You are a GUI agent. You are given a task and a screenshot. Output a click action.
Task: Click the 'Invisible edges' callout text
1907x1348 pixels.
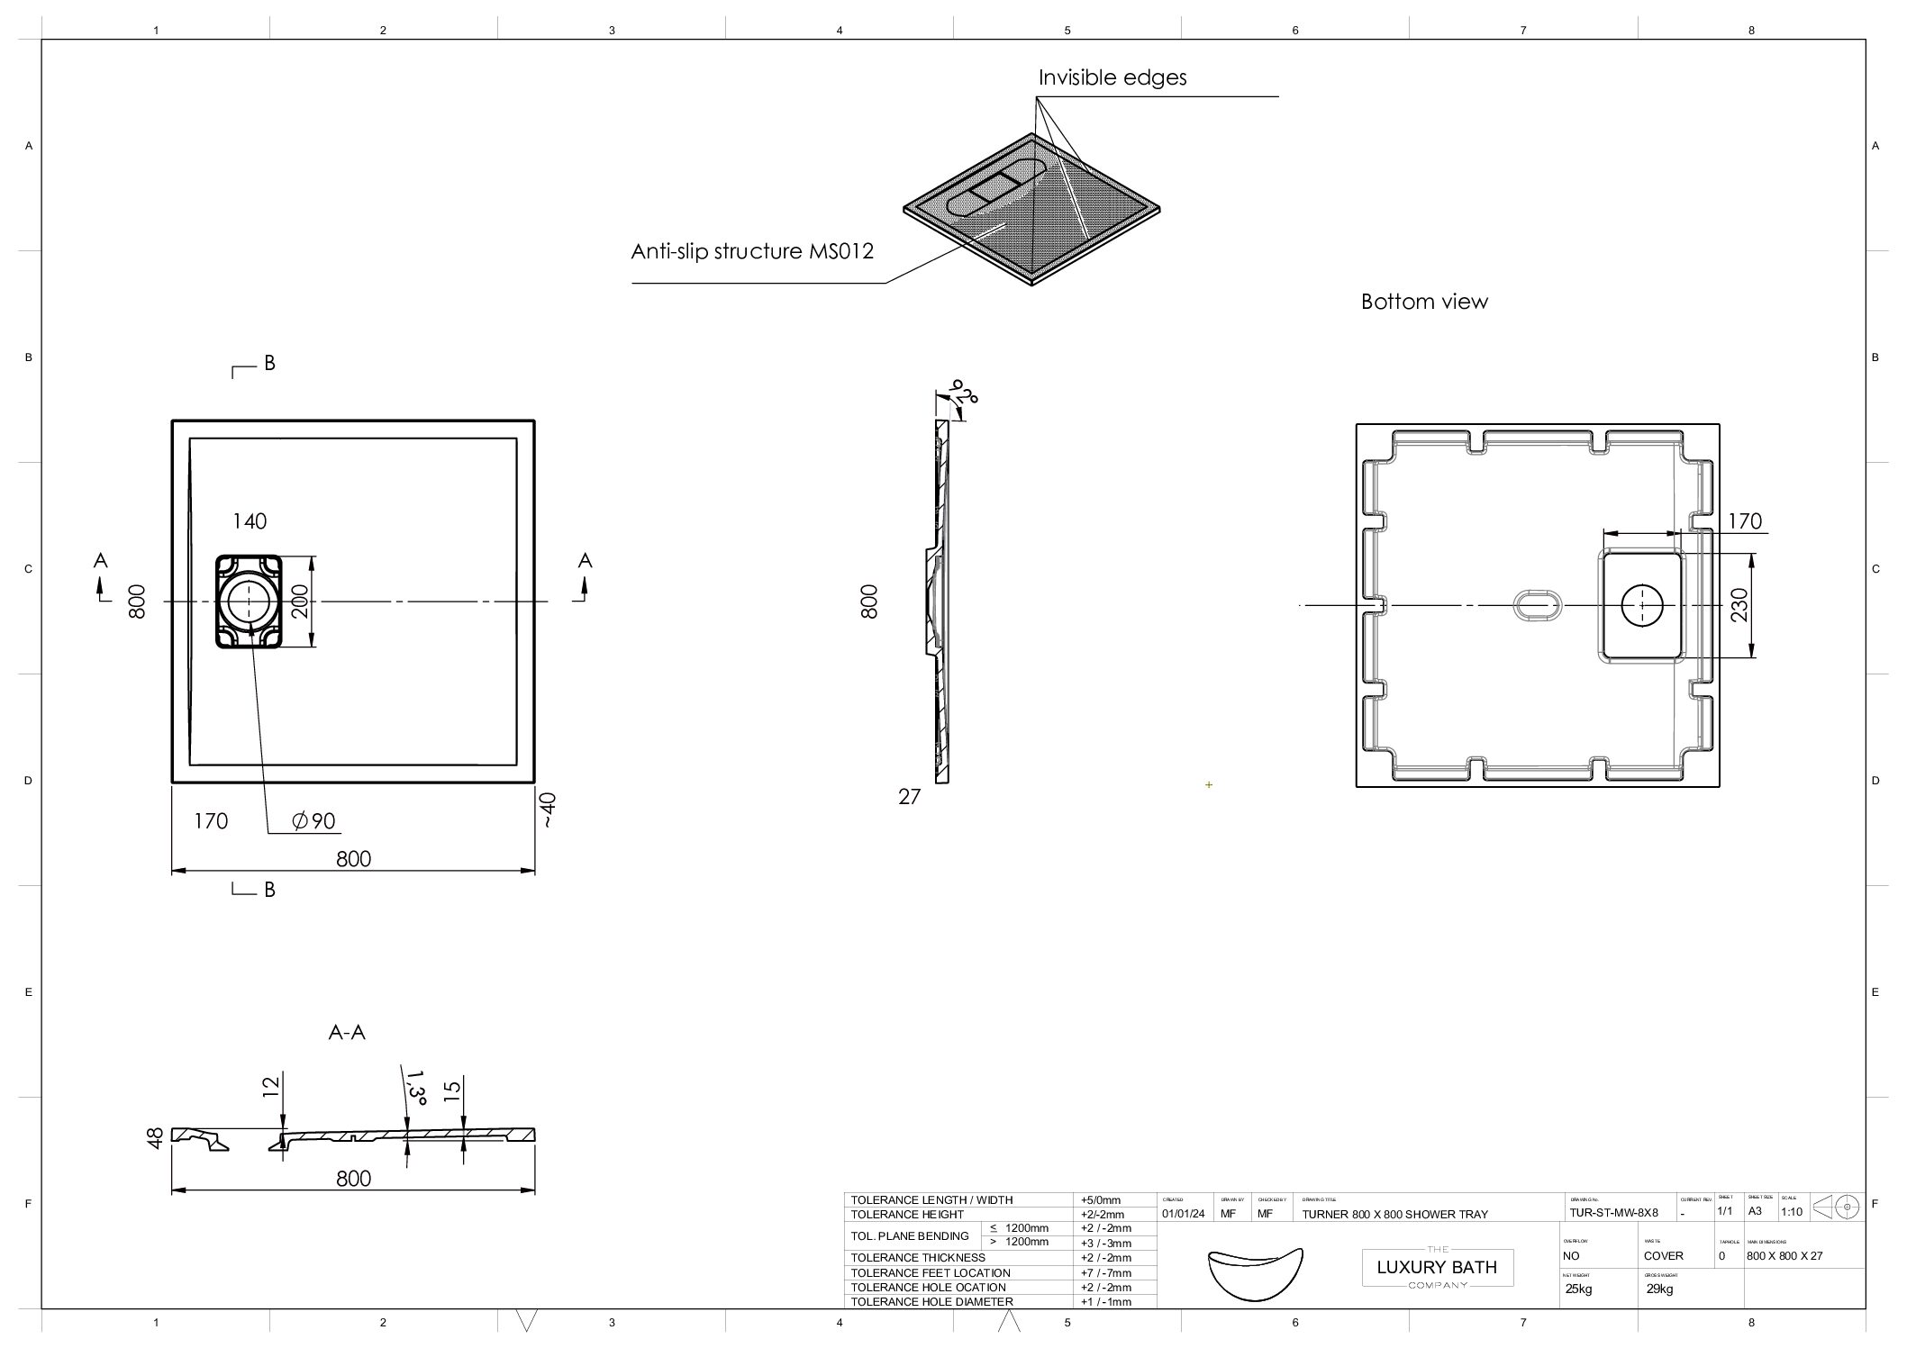[1112, 78]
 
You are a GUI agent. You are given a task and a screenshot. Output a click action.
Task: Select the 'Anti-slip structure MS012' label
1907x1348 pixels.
[752, 252]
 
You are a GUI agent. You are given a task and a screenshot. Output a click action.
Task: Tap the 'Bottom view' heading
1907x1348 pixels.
[1423, 303]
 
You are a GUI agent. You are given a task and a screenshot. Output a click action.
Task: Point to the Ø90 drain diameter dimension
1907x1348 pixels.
[313, 821]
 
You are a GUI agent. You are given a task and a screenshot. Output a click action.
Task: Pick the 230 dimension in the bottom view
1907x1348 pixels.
[1739, 604]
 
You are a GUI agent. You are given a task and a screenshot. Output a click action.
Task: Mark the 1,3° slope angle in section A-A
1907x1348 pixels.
[416, 1087]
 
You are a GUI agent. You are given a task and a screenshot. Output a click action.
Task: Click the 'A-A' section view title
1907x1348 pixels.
[347, 1034]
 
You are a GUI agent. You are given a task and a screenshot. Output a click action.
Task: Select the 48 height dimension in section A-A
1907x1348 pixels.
[156, 1137]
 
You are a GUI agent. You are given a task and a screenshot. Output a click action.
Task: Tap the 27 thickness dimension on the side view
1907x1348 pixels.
[909, 797]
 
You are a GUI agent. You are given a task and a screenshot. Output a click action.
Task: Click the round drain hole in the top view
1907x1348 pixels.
[247, 602]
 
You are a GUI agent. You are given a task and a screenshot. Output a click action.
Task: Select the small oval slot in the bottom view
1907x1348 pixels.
[1534, 606]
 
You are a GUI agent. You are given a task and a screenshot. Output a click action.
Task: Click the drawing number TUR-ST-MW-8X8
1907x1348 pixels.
[1613, 1213]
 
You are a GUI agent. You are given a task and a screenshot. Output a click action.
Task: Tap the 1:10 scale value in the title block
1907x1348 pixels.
[1792, 1212]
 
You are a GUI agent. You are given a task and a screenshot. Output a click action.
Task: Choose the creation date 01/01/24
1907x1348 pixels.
[1183, 1214]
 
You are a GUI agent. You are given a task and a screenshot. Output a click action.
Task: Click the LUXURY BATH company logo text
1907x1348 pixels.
[1437, 1268]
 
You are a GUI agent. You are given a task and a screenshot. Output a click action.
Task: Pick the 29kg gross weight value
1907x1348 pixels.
[1659, 1289]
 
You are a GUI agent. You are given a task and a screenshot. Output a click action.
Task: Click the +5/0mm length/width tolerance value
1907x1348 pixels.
[1101, 1200]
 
